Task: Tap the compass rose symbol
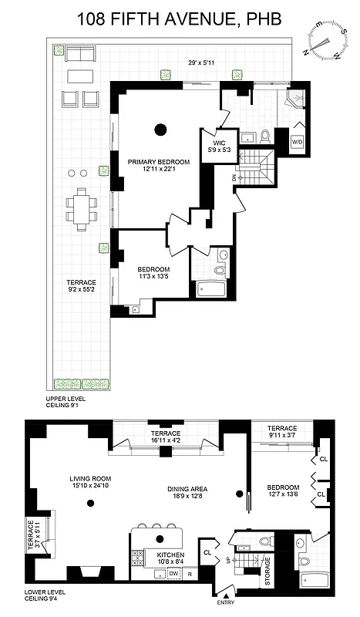[326, 39]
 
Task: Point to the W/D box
[297, 143]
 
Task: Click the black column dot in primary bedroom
[160, 130]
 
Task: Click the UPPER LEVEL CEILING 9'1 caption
[66, 404]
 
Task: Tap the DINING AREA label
[189, 492]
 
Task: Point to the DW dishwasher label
[174, 573]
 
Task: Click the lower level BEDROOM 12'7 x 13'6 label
[283, 491]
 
